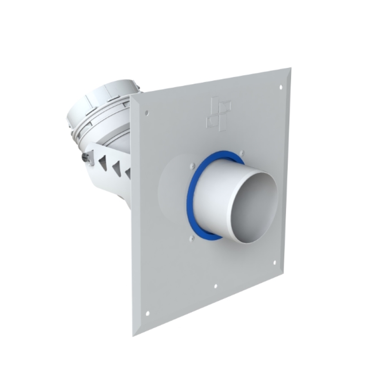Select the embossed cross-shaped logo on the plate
coord(218,113)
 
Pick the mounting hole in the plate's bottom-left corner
coord(148,313)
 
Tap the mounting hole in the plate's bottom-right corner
coord(274,262)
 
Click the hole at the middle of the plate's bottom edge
coord(215,286)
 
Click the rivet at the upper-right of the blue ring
coord(243,152)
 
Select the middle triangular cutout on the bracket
coord(116,167)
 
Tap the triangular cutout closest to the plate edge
coord(128,173)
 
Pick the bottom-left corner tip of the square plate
coord(133,335)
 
